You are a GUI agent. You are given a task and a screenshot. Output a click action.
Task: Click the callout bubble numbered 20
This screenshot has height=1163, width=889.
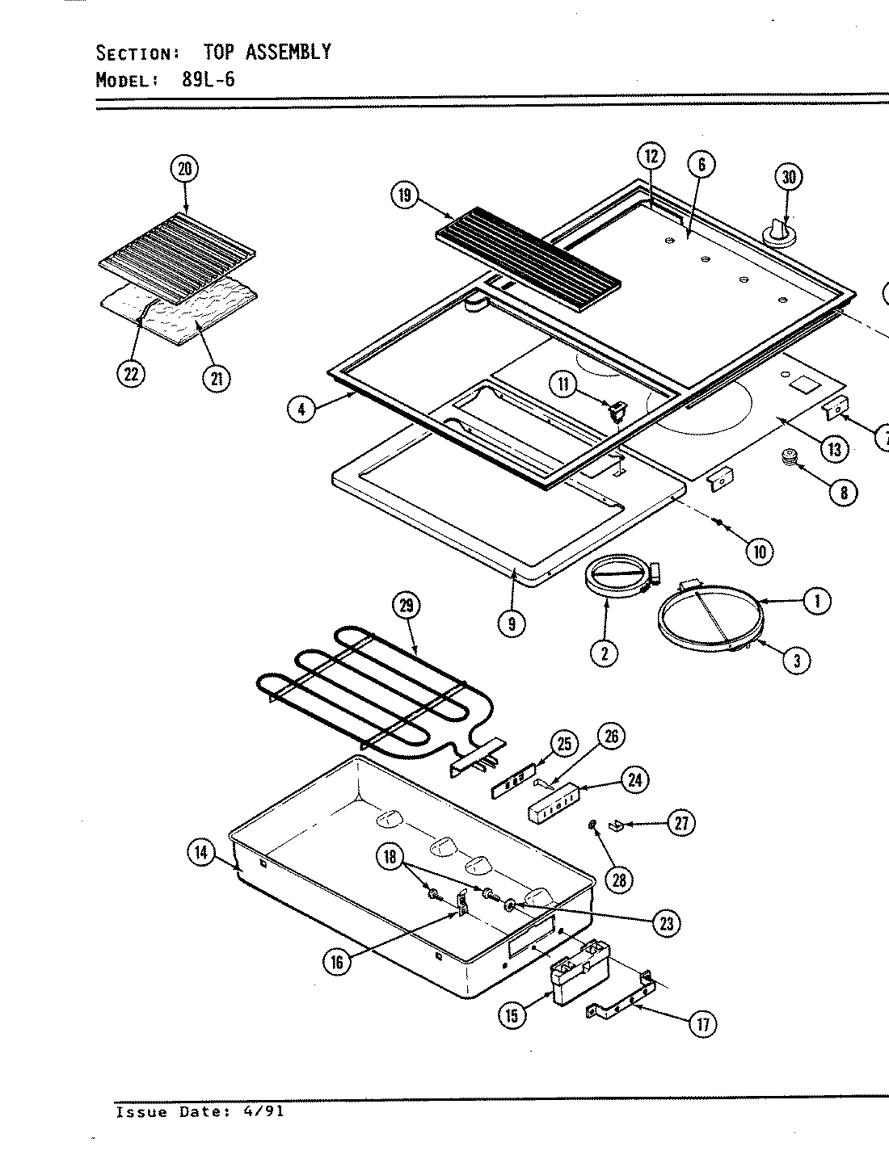(185, 168)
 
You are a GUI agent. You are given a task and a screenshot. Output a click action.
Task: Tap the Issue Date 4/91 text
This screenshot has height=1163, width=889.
(200, 1112)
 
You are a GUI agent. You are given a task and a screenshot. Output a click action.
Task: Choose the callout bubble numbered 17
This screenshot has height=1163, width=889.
(702, 1025)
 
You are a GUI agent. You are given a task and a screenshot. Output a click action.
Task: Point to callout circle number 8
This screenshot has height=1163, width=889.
(843, 492)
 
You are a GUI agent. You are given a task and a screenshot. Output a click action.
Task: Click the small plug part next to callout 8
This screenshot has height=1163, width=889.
(788, 459)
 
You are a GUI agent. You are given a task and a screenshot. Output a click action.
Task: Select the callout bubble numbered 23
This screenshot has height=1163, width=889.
(666, 923)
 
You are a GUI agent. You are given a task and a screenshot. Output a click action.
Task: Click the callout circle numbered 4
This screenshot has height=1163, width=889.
(301, 409)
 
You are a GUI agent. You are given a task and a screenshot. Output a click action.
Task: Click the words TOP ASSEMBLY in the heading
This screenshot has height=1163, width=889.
(266, 52)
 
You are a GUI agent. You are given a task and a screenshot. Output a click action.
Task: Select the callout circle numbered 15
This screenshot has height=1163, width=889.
(512, 1014)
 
